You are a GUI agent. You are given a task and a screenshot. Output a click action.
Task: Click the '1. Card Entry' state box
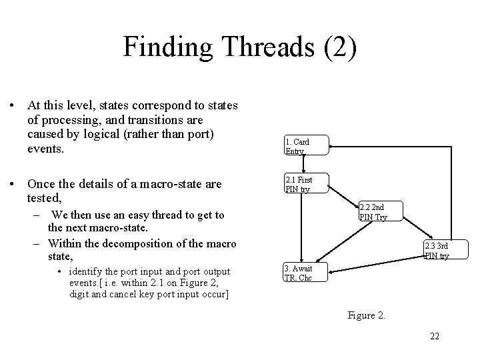pos(305,146)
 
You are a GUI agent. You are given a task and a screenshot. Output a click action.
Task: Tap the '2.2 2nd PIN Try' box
pos(380,211)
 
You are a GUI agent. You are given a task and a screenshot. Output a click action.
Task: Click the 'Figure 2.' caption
pos(366,315)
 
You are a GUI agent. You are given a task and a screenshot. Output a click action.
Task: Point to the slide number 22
pos(434,335)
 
